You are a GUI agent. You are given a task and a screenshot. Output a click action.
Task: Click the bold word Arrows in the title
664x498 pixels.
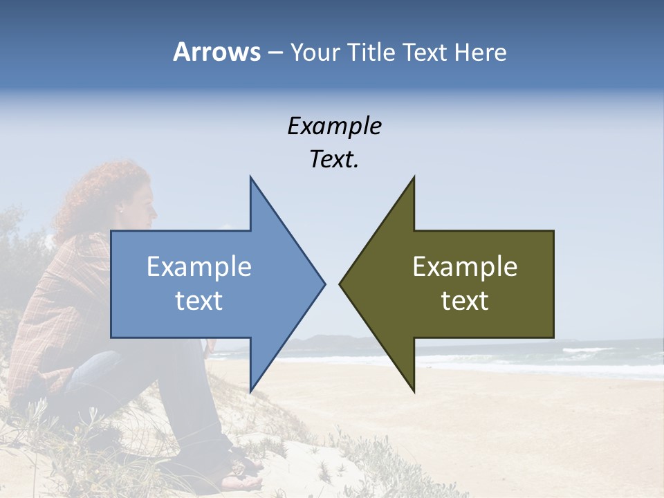(x=216, y=52)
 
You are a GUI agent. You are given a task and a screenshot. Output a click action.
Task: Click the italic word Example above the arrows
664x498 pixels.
(x=334, y=126)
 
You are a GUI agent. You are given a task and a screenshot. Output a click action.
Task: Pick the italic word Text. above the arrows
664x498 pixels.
(x=334, y=159)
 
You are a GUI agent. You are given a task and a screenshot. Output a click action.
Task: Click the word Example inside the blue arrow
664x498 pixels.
(x=199, y=266)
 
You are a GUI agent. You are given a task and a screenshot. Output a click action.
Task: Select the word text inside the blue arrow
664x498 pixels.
(x=199, y=300)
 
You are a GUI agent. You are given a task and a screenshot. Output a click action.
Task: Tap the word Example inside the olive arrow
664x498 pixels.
(x=465, y=266)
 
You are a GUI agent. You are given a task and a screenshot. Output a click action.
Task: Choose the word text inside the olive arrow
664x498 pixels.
(x=465, y=300)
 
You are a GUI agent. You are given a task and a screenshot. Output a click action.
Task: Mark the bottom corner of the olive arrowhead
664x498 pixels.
(x=414, y=391)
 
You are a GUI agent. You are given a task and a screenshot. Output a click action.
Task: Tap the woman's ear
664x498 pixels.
(x=120, y=208)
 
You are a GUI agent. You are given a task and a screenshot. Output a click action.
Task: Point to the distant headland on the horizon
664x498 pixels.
(x=325, y=340)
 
